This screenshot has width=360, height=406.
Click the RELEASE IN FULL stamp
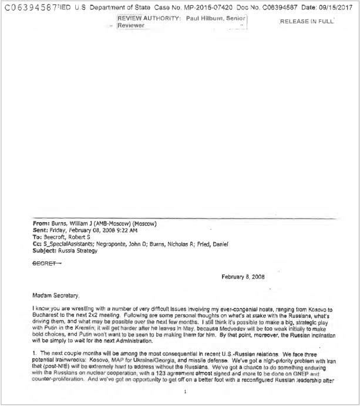point(307,21)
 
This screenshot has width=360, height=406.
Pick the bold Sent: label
point(42,231)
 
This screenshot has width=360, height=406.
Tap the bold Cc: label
point(38,244)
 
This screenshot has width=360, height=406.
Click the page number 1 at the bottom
point(186,392)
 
